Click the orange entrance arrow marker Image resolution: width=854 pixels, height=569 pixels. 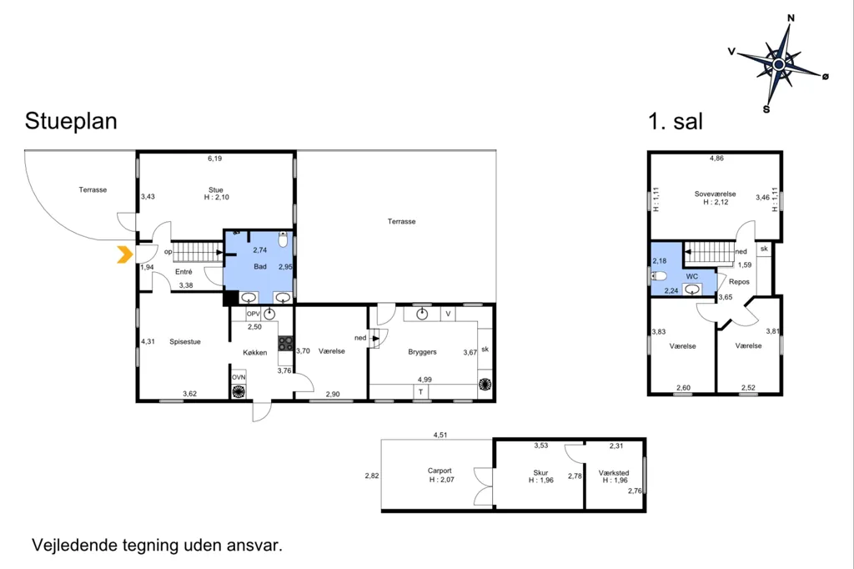pos(125,254)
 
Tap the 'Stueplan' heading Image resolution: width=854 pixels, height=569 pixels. pos(71,121)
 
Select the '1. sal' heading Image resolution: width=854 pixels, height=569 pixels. pos(676,121)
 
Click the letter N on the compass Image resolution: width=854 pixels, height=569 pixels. pos(791,18)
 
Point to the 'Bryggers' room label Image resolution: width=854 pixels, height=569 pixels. pos(422,352)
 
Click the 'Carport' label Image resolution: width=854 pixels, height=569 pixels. pos(440,471)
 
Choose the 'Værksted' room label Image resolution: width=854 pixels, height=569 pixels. pos(614,473)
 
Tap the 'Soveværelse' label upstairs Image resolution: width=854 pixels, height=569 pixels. pos(715,194)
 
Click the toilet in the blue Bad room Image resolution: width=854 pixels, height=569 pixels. pos(283,239)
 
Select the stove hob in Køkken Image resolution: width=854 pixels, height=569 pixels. pos(285,344)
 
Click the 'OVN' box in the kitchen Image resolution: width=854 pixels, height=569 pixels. pos(239,377)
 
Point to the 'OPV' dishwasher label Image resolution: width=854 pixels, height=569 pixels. pos(254,314)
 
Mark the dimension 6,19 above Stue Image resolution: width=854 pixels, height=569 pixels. pos(214,159)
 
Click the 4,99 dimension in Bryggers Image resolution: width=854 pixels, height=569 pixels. pos(424,380)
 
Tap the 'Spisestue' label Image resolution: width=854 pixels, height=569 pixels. pos(185,342)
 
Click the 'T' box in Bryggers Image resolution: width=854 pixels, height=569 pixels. pos(420,391)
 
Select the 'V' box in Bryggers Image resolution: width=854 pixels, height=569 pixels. pos(448,314)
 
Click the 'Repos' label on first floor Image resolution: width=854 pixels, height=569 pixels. pos(739,282)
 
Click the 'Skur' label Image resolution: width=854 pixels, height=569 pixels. pos(540,473)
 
